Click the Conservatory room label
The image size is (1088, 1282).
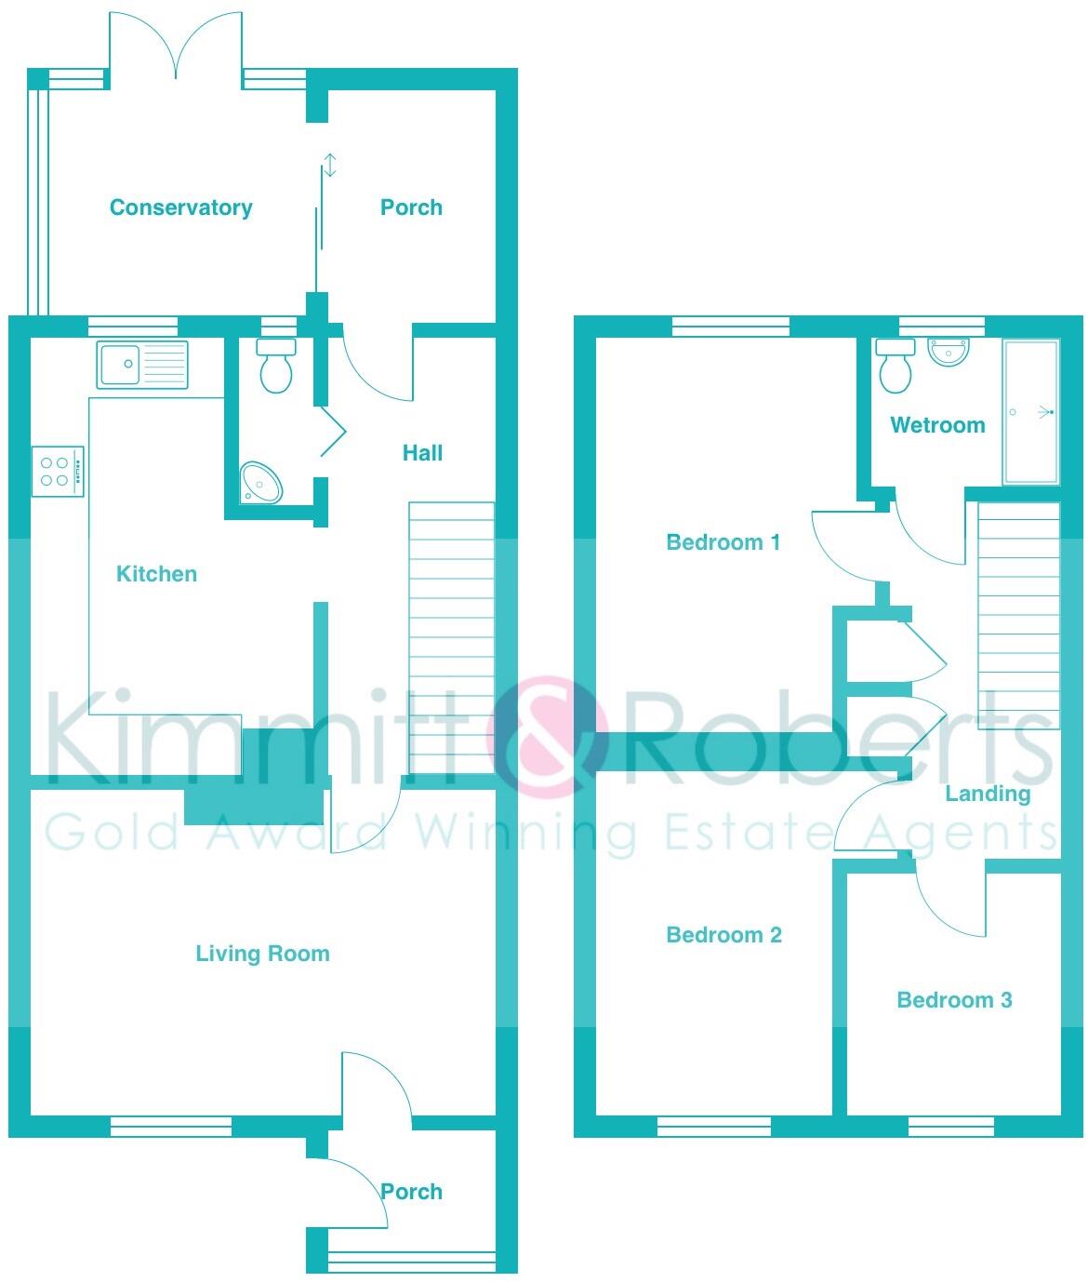(x=180, y=207)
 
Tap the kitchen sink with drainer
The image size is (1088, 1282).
(x=142, y=364)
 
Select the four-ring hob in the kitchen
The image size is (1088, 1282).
(x=58, y=471)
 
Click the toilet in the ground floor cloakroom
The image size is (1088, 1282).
(x=276, y=366)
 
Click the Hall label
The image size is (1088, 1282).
(x=422, y=453)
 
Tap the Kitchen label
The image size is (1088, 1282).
(x=156, y=574)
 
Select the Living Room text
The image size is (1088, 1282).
(x=262, y=954)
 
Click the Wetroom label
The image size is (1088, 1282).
(x=937, y=425)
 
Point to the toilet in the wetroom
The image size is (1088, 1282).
(x=896, y=366)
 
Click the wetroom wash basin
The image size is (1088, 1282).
(x=949, y=352)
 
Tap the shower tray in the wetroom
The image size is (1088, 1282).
(x=1030, y=412)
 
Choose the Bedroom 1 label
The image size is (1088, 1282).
(x=723, y=542)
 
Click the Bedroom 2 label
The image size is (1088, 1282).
(x=723, y=935)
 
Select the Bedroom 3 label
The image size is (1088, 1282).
(x=954, y=1000)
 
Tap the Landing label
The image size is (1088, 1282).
(x=988, y=794)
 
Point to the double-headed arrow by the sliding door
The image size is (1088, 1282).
(x=329, y=166)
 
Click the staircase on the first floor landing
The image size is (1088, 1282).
(x=1017, y=614)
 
